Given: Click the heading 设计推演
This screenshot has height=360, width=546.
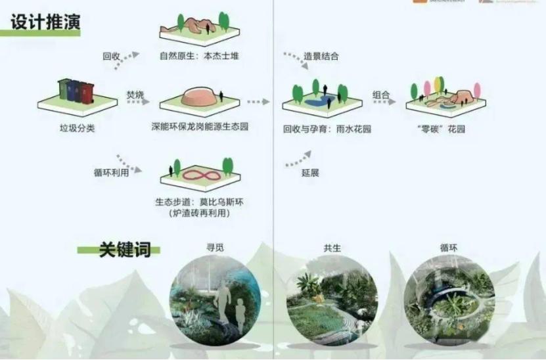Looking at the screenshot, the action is [45, 22].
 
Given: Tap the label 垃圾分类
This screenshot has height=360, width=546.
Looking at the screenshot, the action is [77, 128].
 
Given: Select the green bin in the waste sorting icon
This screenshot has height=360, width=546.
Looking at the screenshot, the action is [64, 89].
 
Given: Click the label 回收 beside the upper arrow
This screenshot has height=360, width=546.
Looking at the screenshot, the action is [111, 56].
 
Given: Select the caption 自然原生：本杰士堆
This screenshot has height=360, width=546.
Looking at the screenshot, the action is [200, 56].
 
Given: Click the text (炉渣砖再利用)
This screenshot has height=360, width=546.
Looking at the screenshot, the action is [199, 213].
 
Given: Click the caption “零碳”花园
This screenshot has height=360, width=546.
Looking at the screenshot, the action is [445, 129].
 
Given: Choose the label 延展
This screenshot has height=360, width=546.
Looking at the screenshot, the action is [310, 173].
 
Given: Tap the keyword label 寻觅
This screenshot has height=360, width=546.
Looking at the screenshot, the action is [215, 248].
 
